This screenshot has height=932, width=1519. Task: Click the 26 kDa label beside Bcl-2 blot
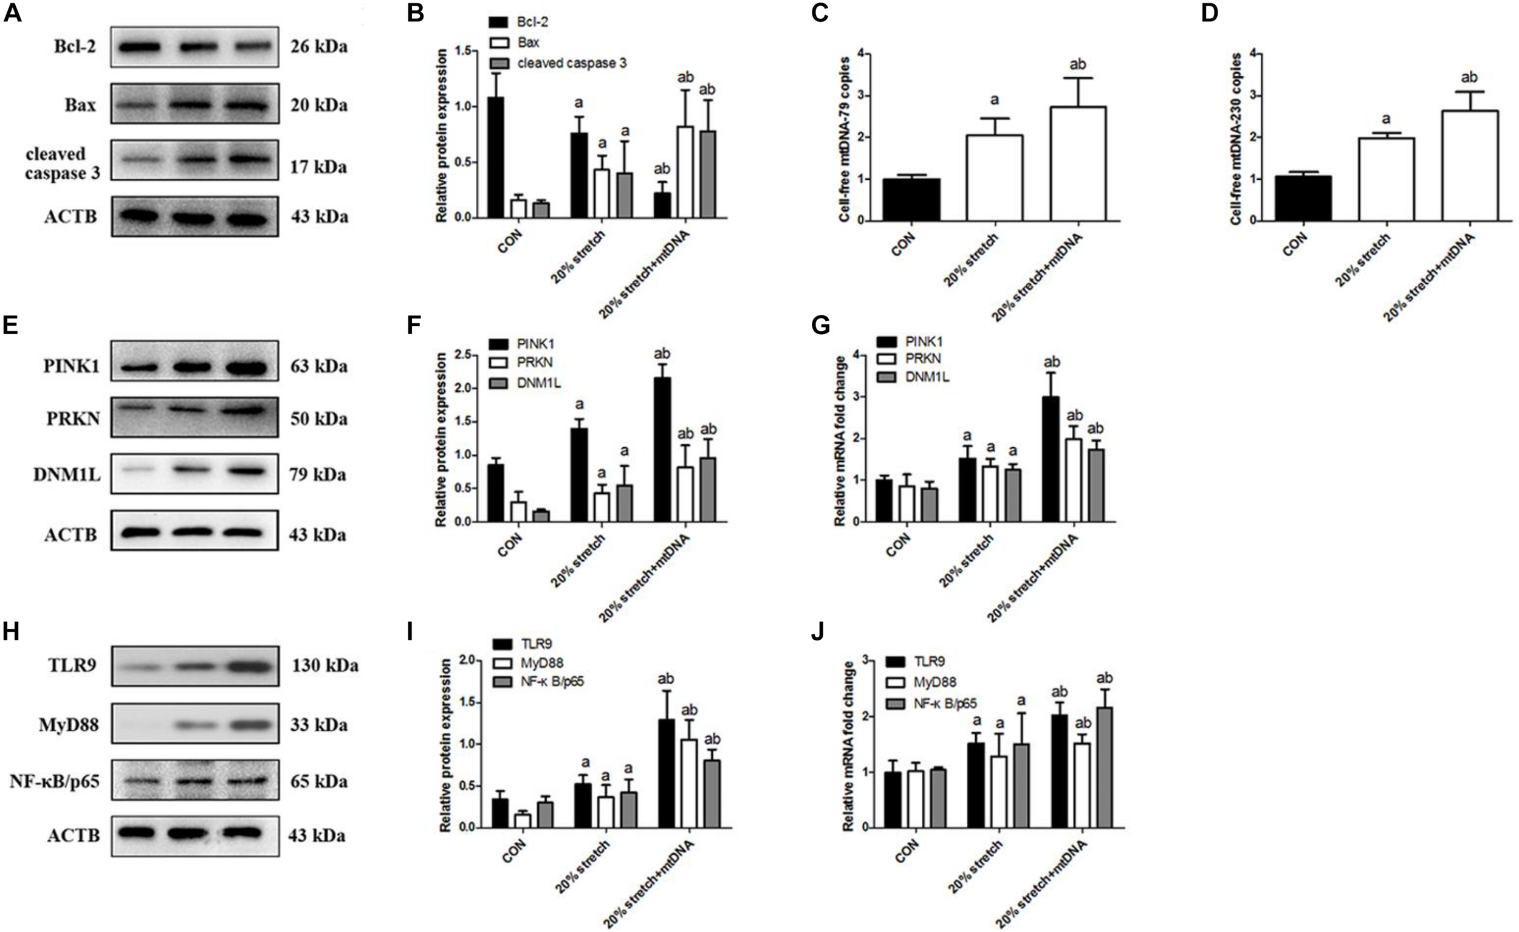(319, 46)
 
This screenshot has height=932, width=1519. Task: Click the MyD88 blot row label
(69, 725)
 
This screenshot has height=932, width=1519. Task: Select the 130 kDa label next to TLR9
(325, 666)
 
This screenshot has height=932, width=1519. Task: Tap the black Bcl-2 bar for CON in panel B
(496, 157)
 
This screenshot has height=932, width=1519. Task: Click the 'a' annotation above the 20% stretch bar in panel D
(1386, 119)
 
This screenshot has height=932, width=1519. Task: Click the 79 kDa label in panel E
(318, 475)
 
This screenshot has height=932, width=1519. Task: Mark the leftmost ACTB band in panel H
(137, 833)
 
